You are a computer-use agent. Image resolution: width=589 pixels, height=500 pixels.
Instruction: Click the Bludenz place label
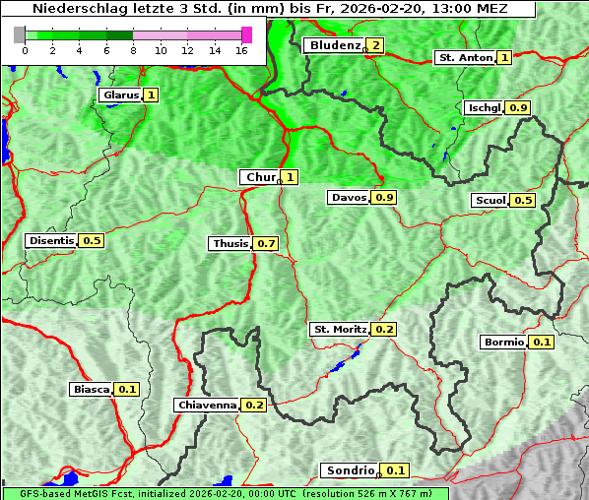click(x=334, y=45)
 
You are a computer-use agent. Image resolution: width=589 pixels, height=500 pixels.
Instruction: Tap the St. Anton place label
click(x=465, y=58)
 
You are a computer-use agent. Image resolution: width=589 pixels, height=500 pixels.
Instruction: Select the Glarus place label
click(x=119, y=95)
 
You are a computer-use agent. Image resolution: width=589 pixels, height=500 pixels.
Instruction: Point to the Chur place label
click(x=260, y=177)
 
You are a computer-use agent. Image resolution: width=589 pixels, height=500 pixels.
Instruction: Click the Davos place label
click(x=349, y=198)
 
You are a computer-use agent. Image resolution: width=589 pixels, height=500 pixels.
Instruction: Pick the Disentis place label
click(x=51, y=240)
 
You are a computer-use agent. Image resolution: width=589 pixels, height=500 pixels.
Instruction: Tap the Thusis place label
click(x=229, y=243)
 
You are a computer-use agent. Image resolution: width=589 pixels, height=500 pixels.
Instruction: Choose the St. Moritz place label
click(x=340, y=329)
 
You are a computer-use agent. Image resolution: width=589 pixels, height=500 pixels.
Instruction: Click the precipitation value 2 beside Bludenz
click(x=375, y=45)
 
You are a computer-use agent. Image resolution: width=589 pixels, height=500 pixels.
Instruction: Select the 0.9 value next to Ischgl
click(x=519, y=107)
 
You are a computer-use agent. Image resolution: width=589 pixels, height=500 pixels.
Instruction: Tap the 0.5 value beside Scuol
click(x=523, y=201)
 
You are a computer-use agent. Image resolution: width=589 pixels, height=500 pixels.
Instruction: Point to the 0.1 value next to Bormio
click(x=542, y=343)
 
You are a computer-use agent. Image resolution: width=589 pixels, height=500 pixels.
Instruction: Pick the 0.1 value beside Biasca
click(x=126, y=390)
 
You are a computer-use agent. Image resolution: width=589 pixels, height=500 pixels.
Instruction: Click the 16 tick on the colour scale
click(x=241, y=49)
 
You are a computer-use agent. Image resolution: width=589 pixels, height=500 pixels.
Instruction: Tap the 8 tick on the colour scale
click(x=133, y=49)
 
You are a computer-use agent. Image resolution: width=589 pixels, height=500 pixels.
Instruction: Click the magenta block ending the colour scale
click(x=246, y=34)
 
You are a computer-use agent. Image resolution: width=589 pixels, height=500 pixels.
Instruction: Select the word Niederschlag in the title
click(x=66, y=9)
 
